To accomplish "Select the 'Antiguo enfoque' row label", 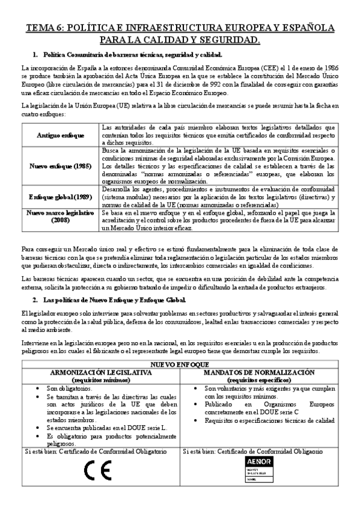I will [61, 135].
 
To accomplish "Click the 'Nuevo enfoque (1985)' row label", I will [61, 165].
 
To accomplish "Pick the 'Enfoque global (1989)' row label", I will [61, 196].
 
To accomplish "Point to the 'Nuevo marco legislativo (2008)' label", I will [61, 217].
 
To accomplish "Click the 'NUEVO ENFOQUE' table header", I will [180, 365].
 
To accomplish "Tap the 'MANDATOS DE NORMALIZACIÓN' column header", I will [260, 372].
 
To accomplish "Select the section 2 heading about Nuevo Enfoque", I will [115, 300].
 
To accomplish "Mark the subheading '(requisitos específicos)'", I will [260, 379].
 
